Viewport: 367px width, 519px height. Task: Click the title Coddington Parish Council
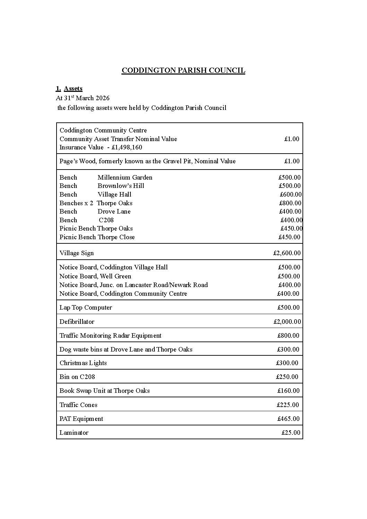(x=183, y=70)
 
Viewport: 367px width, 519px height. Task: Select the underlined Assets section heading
(x=73, y=88)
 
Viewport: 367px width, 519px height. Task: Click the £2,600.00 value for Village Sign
(x=287, y=253)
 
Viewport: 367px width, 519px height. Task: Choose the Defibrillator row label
(x=77, y=322)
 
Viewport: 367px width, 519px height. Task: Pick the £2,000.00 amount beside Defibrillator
(x=287, y=322)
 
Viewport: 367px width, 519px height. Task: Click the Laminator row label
(x=74, y=433)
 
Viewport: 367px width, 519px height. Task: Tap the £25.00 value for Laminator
(x=291, y=433)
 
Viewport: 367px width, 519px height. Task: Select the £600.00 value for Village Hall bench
(x=291, y=194)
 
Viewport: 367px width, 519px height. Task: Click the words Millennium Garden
(x=125, y=178)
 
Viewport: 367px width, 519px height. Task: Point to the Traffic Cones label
(x=78, y=405)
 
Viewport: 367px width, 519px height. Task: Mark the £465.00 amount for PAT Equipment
(x=288, y=419)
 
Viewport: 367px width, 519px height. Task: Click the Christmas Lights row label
(x=83, y=363)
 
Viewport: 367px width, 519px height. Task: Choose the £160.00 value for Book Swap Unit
(x=288, y=391)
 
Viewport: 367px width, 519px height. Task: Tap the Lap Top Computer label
(x=86, y=308)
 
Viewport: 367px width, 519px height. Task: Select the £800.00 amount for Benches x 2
(x=290, y=203)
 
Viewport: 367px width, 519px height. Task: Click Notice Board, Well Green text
(x=95, y=276)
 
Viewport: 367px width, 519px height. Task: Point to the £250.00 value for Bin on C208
(x=287, y=377)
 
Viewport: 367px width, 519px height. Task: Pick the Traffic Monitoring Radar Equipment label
(x=110, y=336)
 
